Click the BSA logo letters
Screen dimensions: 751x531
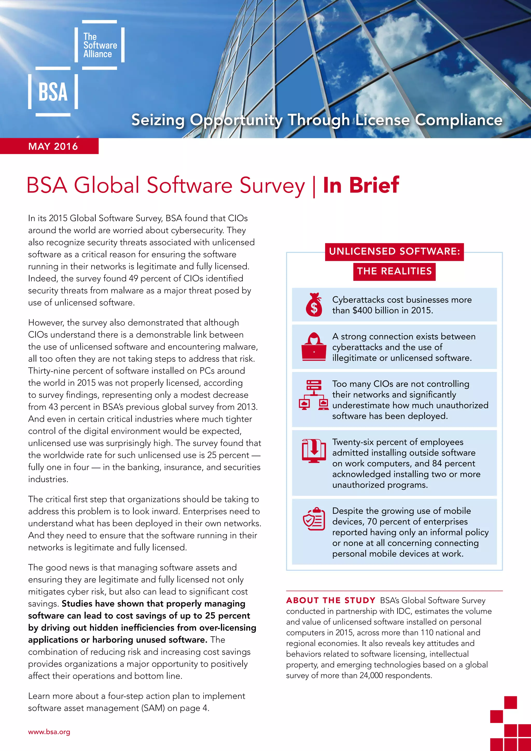pos(53,92)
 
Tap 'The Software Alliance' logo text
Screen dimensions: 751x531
pos(100,45)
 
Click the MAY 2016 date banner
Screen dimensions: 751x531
pos(53,146)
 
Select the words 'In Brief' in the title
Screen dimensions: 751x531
pos(361,185)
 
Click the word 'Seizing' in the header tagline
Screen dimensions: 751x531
pos(158,120)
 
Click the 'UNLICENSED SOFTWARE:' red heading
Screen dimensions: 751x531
pos(394,252)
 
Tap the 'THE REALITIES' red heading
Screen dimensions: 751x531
pos(394,271)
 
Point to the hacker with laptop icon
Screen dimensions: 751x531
pos(313,347)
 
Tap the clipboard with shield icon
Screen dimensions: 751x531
pos(313,519)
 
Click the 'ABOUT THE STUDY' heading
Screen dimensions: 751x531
pos(331,601)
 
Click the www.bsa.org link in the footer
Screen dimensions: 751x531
pos(49,732)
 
